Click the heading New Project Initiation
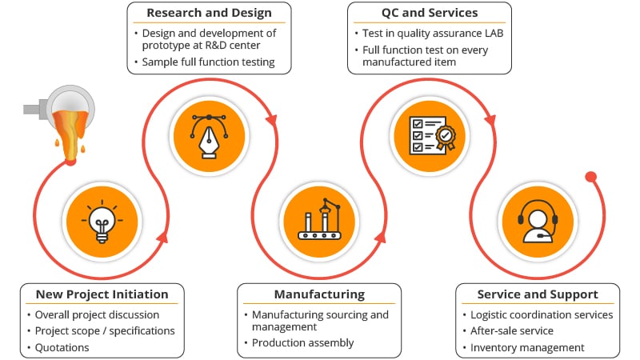(102, 294)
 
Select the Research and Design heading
(209, 13)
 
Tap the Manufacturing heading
(318, 294)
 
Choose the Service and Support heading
(538, 294)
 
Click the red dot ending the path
(590, 177)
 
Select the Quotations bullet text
(62, 347)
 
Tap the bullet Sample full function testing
(208, 62)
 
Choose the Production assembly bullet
(302, 342)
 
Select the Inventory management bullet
(527, 347)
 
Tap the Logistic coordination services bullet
(542, 314)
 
